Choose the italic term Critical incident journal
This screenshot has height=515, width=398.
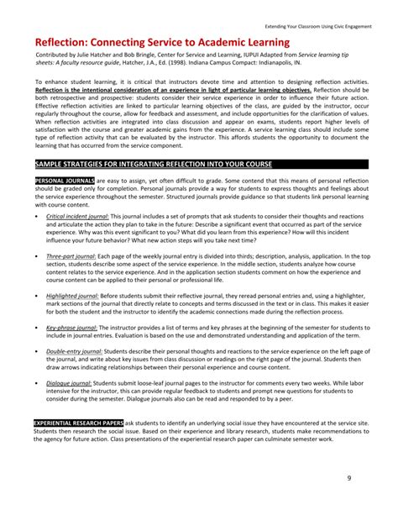[76, 216]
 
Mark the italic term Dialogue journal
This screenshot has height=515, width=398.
[69, 383]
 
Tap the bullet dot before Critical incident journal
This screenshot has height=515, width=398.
[37, 217]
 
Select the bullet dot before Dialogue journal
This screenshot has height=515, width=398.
[37, 384]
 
